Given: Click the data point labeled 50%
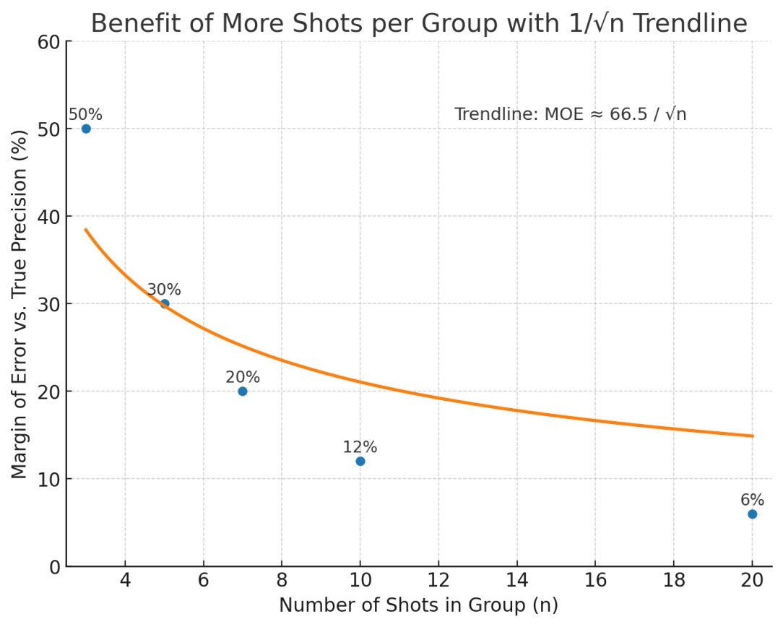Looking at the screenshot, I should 86,129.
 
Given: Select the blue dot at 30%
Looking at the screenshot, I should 165,304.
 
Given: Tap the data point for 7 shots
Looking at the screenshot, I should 243,392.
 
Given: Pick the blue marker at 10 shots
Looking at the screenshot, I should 360,461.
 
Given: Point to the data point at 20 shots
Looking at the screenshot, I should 752,514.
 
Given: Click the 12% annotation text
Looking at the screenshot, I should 360,447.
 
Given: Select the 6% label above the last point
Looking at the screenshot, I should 752,500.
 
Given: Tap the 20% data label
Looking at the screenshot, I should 243,377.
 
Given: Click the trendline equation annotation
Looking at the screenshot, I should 570,114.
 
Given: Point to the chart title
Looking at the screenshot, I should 419,23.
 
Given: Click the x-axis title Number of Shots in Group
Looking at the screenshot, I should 418,605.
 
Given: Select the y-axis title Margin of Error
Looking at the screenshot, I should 20,303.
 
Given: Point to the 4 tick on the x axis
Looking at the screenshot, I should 125,581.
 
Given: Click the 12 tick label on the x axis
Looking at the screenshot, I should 438,581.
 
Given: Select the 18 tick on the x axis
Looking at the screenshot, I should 673,581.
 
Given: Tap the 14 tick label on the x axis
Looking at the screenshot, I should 516,581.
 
